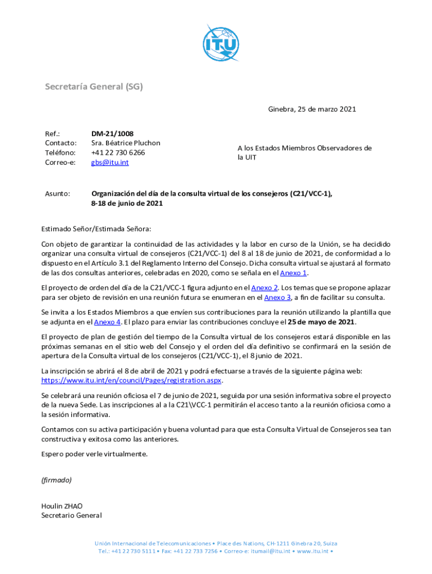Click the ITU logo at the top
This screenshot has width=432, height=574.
[x=222, y=43]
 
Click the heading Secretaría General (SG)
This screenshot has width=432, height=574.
[x=94, y=86]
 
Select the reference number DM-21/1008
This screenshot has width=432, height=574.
[x=112, y=133]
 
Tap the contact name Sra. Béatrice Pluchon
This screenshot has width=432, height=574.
[x=126, y=143]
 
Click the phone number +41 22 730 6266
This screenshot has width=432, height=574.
[x=118, y=152]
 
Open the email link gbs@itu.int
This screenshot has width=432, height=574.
[x=110, y=163]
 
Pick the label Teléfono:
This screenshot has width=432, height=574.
[x=60, y=152]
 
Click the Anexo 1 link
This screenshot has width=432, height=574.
[x=293, y=273]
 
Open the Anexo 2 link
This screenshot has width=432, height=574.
[x=265, y=288]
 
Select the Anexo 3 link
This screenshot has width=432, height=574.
[x=277, y=297]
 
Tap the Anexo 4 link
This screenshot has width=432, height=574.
[x=107, y=322]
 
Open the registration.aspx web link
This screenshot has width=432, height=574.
[x=132, y=380]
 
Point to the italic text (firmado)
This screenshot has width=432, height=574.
[x=57, y=480]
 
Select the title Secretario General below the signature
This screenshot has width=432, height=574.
[x=71, y=515]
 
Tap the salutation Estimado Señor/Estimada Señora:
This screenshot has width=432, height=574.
[x=96, y=229]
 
